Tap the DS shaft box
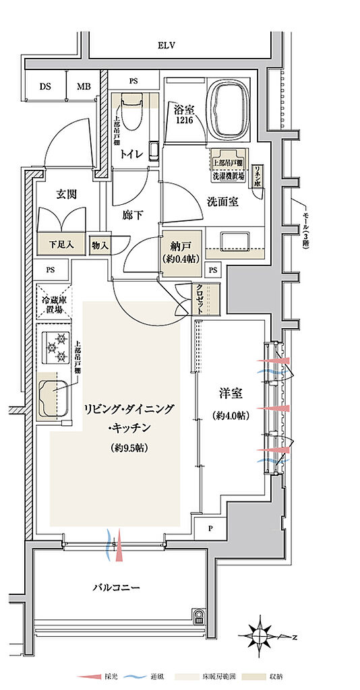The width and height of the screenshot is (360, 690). pyautogui.click(x=45, y=87)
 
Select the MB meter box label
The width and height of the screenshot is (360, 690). pyautogui.click(x=83, y=87)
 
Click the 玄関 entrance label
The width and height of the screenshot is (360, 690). pyautogui.click(x=66, y=194)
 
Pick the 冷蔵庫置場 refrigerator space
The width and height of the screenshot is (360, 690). pyautogui.click(x=54, y=305)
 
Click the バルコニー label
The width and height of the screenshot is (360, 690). pyautogui.click(x=116, y=588)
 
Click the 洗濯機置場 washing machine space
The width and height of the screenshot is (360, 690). pyautogui.click(x=229, y=162)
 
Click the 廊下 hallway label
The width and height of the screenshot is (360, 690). pyautogui.click(x=132, y=216)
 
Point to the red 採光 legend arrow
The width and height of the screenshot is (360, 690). pyautogui.click(x=88, y=676)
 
